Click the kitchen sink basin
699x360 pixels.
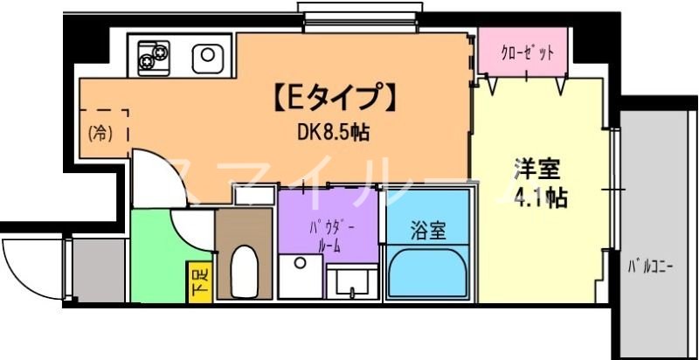207,57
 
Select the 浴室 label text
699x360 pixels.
428,231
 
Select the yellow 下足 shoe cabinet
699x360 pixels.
199,281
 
